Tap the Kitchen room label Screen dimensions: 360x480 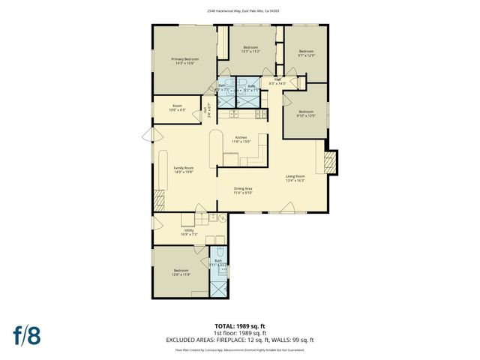tap(241, 139)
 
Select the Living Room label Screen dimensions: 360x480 tap(295, 178)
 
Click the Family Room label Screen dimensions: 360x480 tap(184, 169)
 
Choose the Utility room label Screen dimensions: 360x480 tap(188, 232)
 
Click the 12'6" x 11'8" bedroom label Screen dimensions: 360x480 tap(182, 272)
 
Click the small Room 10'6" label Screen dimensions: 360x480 tap(178, 108)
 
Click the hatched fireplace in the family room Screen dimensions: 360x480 tap(158, 199)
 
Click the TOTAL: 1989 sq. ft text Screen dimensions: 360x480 tap(239, 326)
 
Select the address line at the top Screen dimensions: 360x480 tap(239, 11)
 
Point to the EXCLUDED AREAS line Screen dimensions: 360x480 tap(239, 339)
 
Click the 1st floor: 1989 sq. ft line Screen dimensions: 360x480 tap(239, 332)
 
